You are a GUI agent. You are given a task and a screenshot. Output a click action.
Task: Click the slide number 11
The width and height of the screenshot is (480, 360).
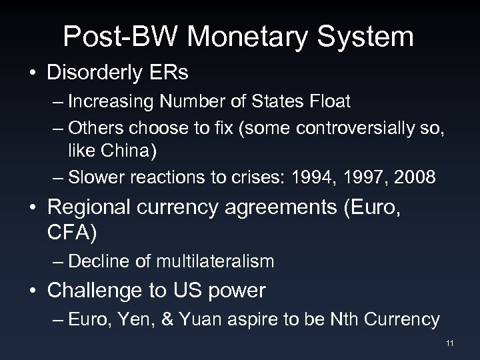(450, 344)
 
